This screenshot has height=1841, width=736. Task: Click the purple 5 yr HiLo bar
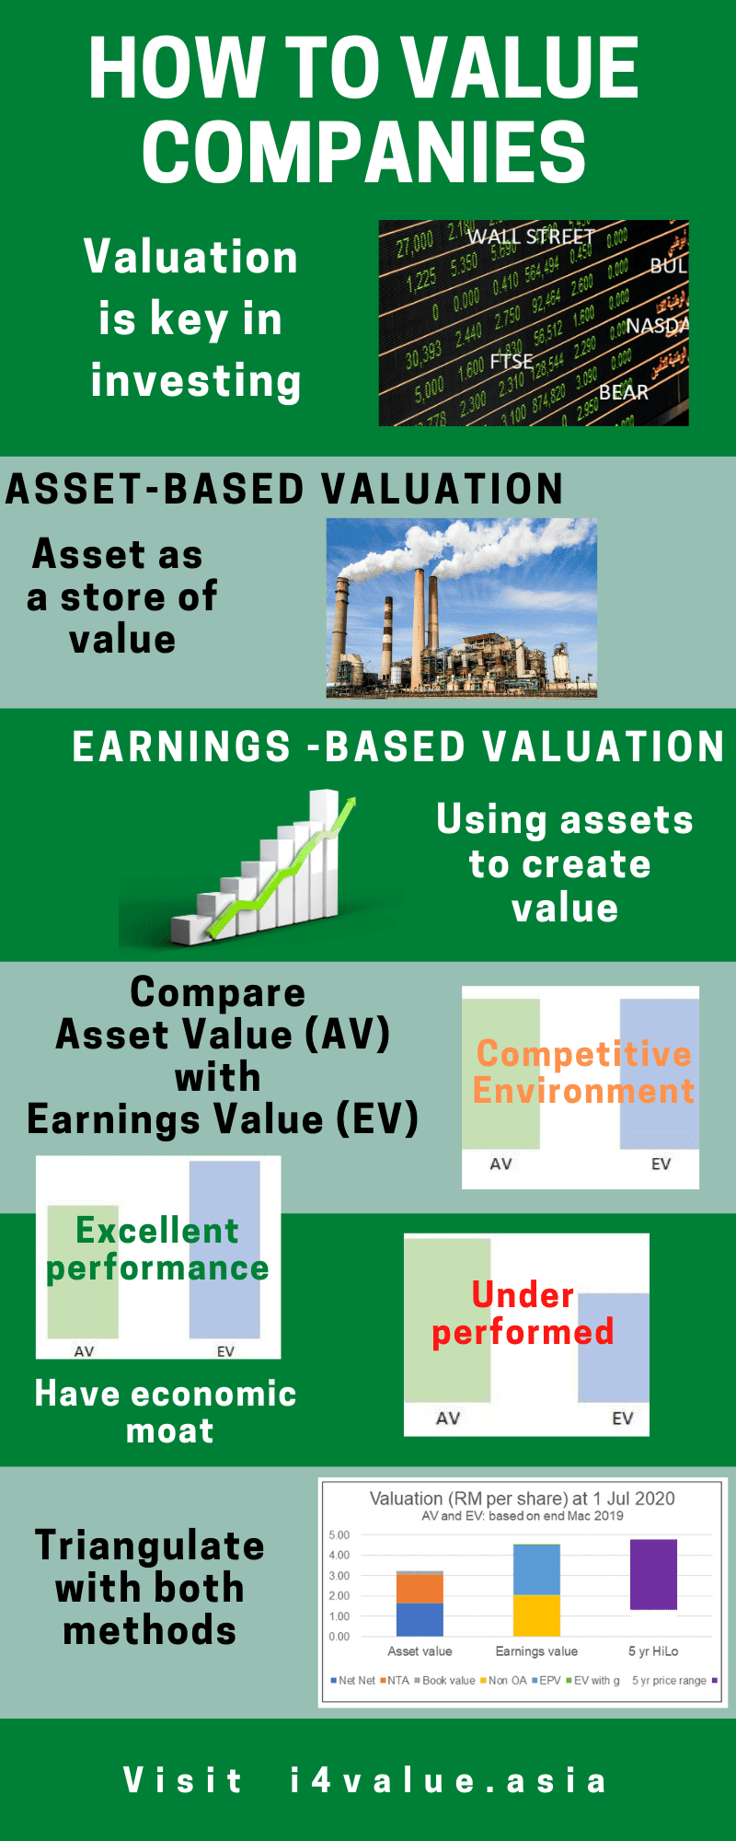click(653, 1574)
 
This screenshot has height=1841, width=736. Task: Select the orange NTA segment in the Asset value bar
click(420, 1589)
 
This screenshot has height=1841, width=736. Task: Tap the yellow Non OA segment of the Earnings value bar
click(536, 1615)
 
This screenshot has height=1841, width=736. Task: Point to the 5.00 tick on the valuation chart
click(339, 1535)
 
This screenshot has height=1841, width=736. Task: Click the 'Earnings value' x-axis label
click(536, 1651)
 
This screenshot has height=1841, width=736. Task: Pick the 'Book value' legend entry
click(448, 1680)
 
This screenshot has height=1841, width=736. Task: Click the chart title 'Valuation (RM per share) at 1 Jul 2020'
click(522, 1499)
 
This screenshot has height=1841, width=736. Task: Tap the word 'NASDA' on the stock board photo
click(657, 326)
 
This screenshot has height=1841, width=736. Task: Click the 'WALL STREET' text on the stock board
click(530, 237)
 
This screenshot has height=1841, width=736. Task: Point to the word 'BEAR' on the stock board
click(624, 392)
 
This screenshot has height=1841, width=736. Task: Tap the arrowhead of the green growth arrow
click(347, 806)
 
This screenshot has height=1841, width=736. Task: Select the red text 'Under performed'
click(523, 1314)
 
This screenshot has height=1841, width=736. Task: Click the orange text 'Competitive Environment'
click(583, 1072)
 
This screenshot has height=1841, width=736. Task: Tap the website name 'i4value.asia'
click(449, 1780)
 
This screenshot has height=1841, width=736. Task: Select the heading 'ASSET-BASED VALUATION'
click(284, 489)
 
